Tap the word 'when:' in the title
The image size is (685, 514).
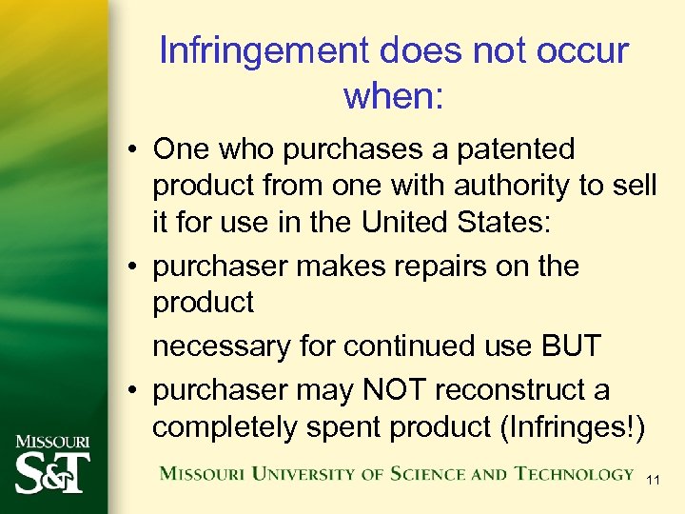point(393,95)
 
